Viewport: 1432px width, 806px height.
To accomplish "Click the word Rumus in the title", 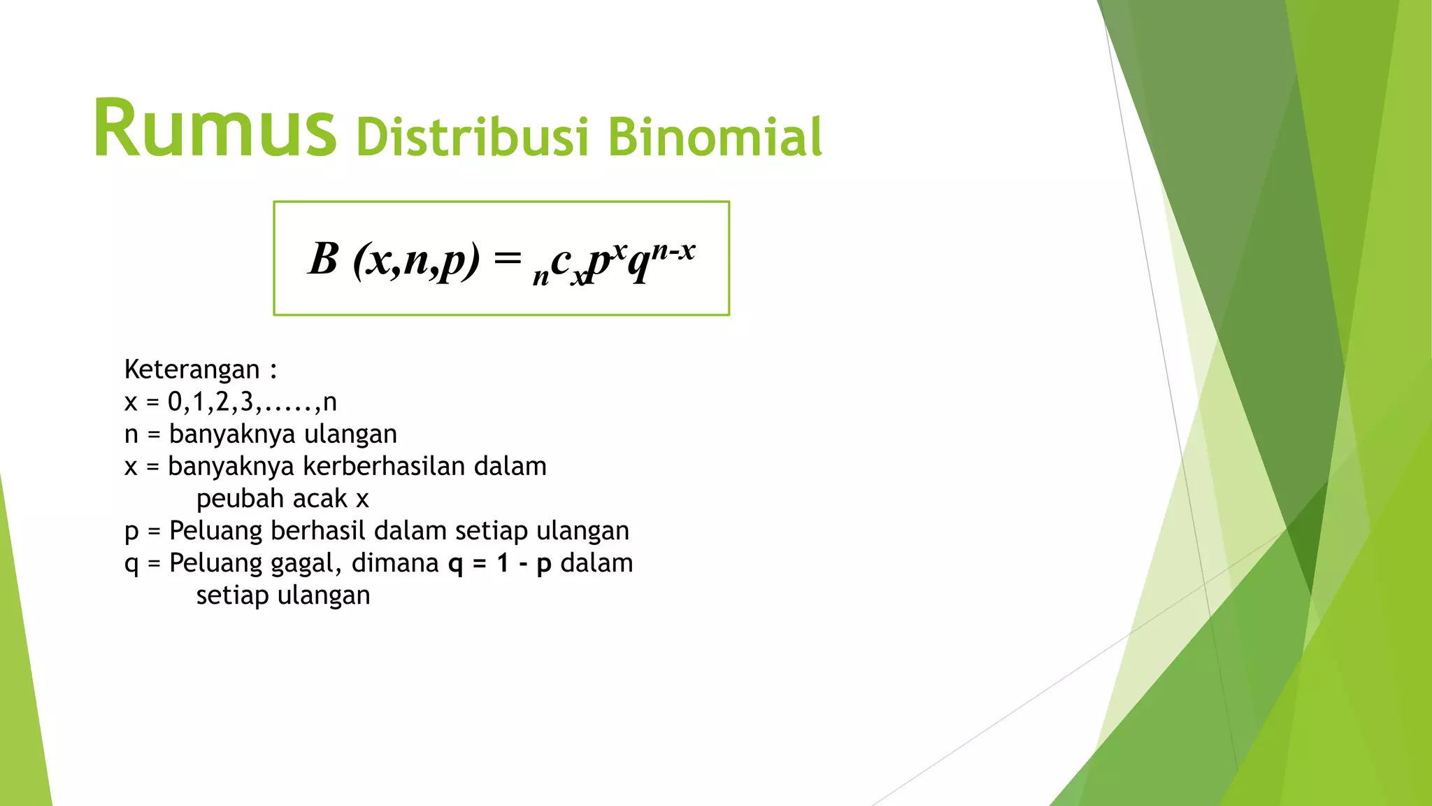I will (x=215, y=129).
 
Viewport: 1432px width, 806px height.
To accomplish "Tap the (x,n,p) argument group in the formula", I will (x=417, y=260).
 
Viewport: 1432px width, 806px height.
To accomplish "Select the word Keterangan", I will (x=192, y=369).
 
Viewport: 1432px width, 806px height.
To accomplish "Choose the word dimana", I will (x=395, y=563).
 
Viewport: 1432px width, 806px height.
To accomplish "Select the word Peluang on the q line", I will (x=213, y=563).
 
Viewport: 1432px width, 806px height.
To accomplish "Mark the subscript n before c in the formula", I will (x=540, y=277).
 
